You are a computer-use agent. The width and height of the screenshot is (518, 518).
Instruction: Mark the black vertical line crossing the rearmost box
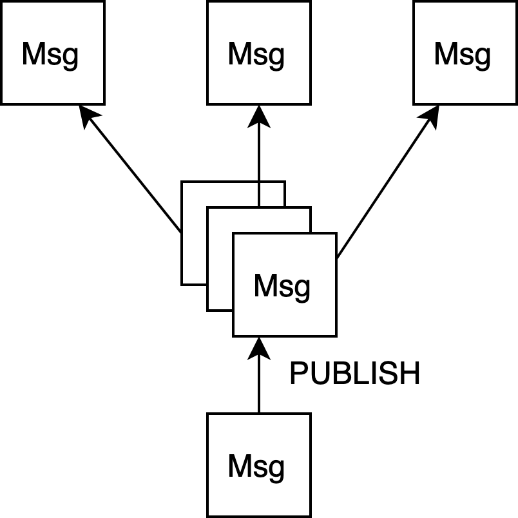259,195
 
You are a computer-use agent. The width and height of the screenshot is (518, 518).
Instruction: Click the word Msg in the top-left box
50,55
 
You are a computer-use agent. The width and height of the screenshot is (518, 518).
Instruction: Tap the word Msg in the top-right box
463,55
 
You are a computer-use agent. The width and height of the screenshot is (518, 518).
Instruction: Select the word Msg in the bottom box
256,467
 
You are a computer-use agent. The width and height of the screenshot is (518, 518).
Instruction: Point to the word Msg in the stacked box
282,287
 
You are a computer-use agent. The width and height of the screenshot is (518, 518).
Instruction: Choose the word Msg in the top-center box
256,55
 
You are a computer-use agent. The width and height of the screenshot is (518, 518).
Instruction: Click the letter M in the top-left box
34,54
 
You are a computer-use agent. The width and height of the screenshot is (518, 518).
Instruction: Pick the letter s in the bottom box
262,469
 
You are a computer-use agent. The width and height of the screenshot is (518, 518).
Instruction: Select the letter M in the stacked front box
265,286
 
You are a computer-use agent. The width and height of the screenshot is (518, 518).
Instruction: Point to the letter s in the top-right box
468,57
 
